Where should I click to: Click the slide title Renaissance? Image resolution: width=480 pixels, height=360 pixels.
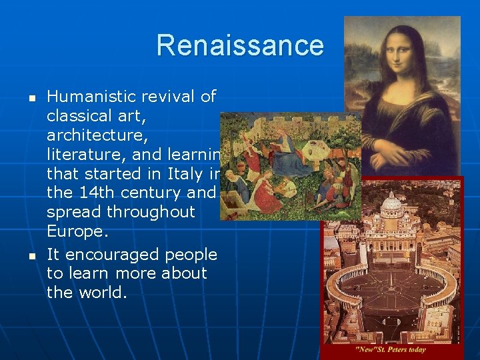pos(240,45)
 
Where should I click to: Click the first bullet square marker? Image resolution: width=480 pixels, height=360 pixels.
pos(22,98)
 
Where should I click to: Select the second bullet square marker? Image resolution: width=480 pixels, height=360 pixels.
pos(22,255)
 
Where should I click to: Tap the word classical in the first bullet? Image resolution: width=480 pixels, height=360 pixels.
pos(83,117)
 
